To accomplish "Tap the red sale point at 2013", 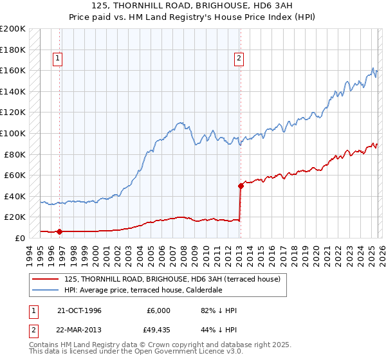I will pos(241,186).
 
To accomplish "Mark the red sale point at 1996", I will pos(60,231).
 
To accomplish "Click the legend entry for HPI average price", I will pos(143,291).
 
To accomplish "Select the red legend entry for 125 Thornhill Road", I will pos(172,280).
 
